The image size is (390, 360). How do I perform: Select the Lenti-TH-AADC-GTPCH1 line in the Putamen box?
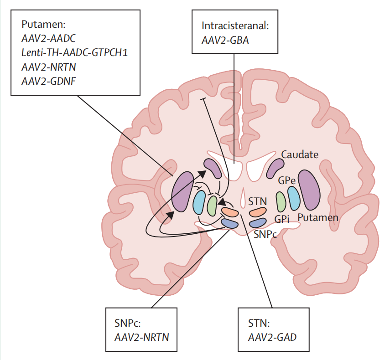click(x=74, y=52)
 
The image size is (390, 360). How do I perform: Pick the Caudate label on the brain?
click(x=299, y=154)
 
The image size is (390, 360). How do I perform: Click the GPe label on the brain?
click(x=287, y=181)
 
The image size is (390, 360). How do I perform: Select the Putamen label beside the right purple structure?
click(x=318, y=218)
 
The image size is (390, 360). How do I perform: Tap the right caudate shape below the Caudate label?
click(x=275, y=168)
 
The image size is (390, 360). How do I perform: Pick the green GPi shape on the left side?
click(x=212, y=205)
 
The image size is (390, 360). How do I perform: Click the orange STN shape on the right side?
click(x=258, y=212)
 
